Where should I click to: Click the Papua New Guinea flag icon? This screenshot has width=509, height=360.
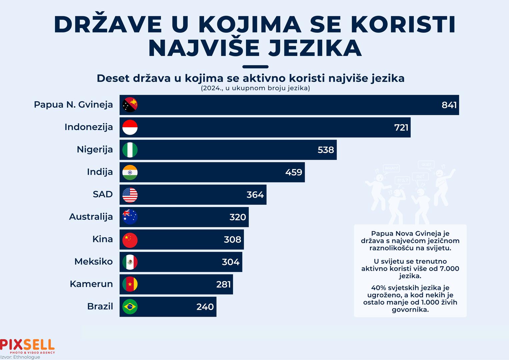click(x=130, y=105)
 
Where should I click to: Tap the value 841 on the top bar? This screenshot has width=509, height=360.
click(x=449, y=105)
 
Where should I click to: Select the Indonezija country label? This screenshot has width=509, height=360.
click(x=89, y=127)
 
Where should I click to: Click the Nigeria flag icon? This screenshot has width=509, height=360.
click(x=130, y=150)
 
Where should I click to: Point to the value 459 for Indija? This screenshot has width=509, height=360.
click(x=294, y=172)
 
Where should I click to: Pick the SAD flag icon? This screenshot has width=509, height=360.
click(x=130, y=195)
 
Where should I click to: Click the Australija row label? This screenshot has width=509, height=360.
click(x=91, y=217)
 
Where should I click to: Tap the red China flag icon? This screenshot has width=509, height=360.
click(x=130, y=239)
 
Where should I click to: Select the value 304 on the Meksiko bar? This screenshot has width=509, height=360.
click(x=231, y=262)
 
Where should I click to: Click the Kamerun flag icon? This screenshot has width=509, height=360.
click(x=130, y=284)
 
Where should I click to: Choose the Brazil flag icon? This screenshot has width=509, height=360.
click(x=130, y=307)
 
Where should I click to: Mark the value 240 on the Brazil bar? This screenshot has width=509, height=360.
click(x=205, y=307)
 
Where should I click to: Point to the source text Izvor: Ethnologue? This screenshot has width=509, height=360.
click(x=20, y=357)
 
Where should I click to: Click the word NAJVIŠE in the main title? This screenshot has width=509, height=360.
click(x=204, y=48)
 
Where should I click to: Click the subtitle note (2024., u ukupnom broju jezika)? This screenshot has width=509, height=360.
click(x=255, y=88)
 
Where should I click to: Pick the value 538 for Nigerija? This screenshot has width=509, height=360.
click(x=326, y=150)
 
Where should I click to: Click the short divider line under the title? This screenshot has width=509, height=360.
click(x=255, y=67)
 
